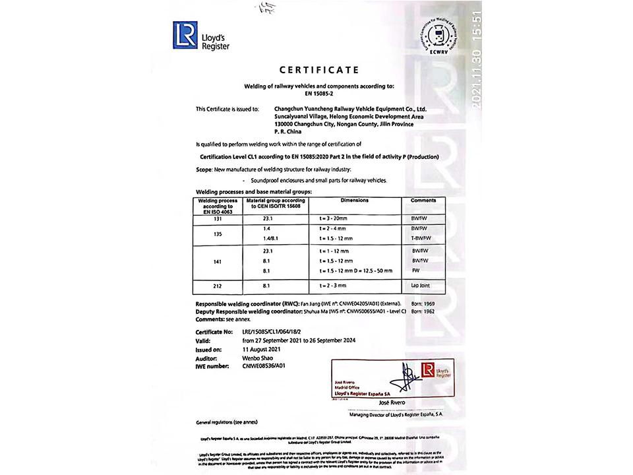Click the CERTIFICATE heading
[x=318, y=70]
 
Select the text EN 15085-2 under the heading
[x=318, y=93]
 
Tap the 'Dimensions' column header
[x=354, y=201]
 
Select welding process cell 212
[x=218, y=287]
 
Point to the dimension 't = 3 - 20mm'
[x=334, y=216]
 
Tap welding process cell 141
[x=218, y=261]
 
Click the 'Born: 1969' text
[x=423, y=303]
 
